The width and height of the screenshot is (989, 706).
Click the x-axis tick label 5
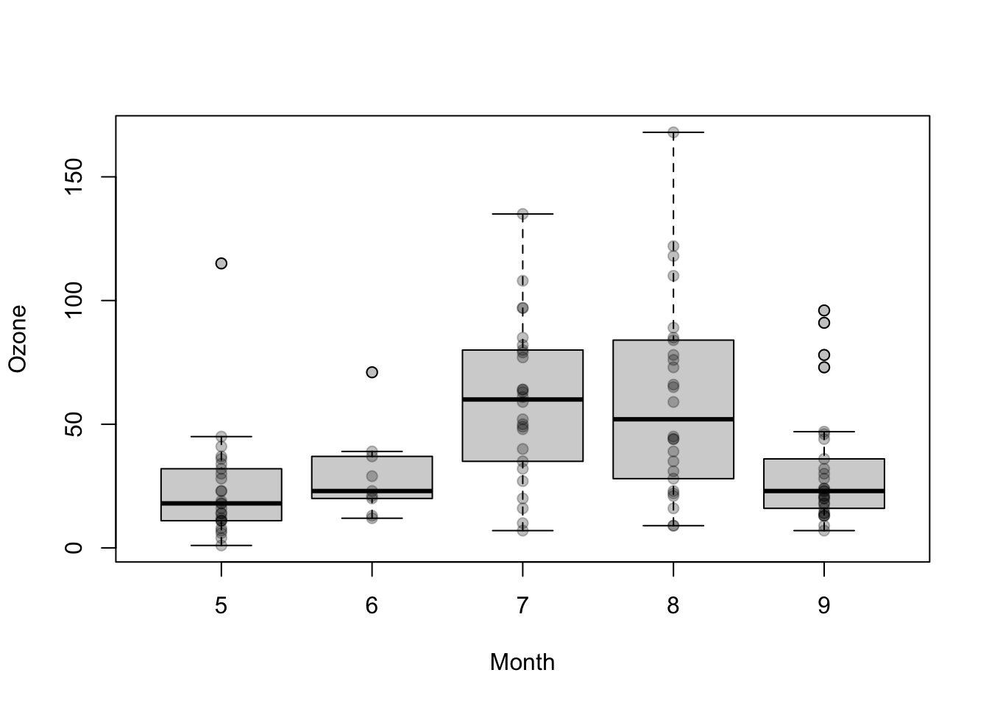coord(221,605)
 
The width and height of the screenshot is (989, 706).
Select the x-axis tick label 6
coord(372,605)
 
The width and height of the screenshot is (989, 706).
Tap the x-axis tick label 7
coord(522,605)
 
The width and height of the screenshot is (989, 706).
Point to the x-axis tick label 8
coord(673,605)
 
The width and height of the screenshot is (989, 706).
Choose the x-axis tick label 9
coord(823,605)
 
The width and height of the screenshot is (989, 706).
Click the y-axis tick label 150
coord(74,177)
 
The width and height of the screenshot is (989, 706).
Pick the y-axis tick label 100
coord(74,301)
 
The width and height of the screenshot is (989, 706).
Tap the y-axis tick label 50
coord(74,424)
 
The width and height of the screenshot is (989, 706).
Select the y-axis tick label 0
coord(74,548)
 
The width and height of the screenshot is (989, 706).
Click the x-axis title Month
coord(522,662)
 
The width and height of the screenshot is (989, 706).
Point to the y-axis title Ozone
coord(18,339)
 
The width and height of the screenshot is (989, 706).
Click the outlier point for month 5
coord(221,263)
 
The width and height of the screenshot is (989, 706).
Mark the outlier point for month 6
coord(372,372)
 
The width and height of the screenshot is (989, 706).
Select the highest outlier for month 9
coord(823,310)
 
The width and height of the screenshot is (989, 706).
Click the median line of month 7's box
coord(522,399)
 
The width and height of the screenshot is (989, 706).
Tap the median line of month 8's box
coord(673,419)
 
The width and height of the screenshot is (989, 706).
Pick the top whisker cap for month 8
coord(673,132)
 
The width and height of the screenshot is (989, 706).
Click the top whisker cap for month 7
coord(522,214)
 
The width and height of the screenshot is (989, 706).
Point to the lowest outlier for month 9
coord(823,367)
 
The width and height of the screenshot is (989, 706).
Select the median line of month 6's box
coord(372,491)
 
